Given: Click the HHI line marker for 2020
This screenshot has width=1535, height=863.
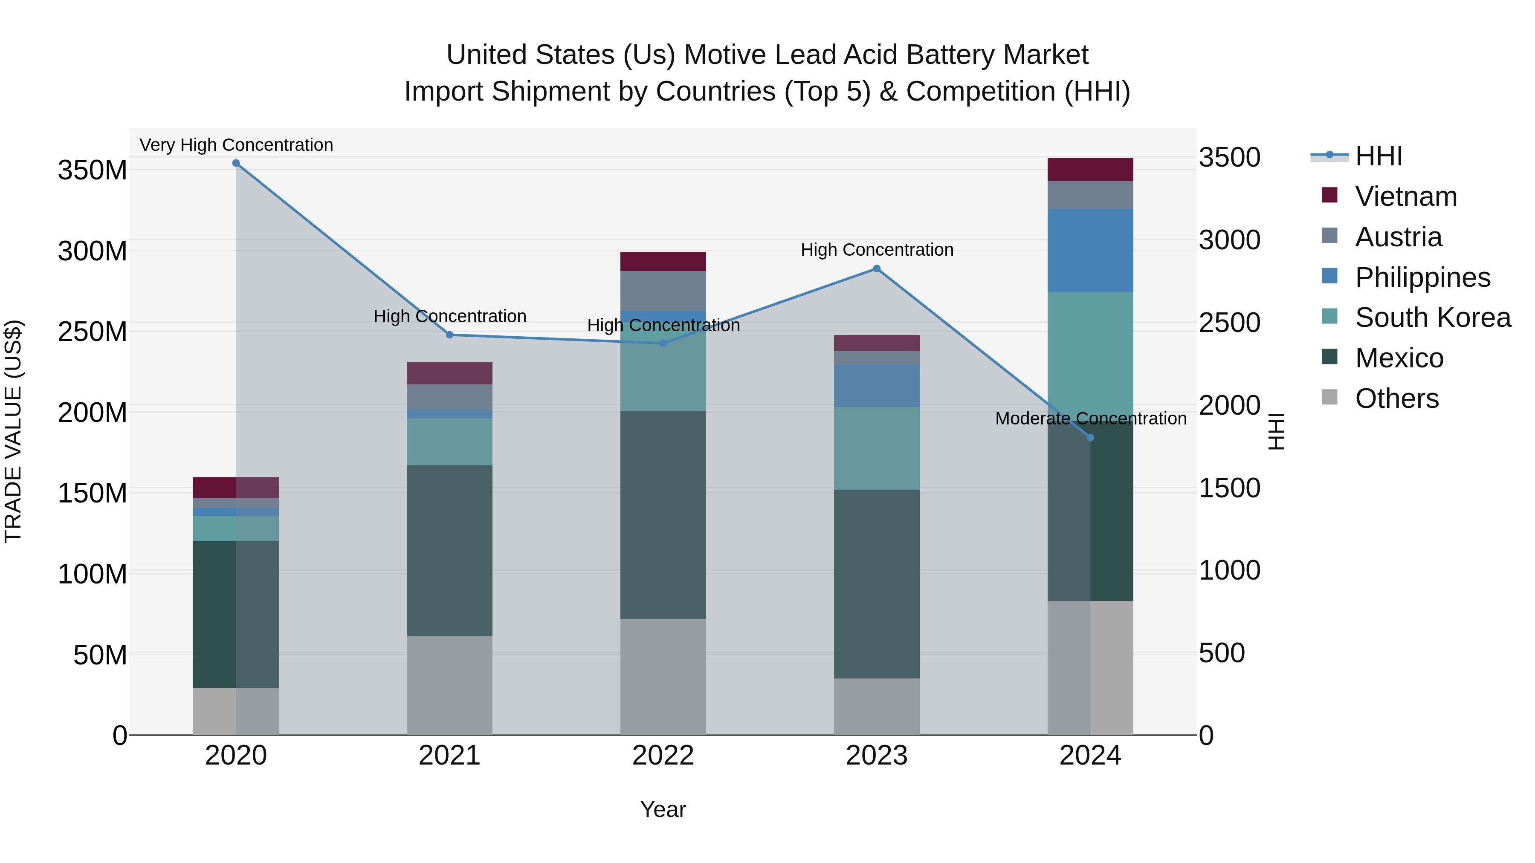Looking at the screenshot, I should click(x=236, y=163).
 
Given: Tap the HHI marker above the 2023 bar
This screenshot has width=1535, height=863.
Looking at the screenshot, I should click(x=877, y=268).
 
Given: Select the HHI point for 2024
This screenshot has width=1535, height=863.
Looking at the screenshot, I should click(x=1090, y=438).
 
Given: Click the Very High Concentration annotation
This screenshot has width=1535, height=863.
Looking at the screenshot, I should click(x=236, y=145).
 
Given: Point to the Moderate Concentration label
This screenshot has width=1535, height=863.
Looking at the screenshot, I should click(x=1090, y=419).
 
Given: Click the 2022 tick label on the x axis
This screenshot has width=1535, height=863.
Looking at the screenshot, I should click(x=663, y=756).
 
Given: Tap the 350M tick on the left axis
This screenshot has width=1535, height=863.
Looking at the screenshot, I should click(x=93, y=170).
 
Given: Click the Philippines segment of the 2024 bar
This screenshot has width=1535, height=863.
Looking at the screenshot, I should click(x=1090, y=250).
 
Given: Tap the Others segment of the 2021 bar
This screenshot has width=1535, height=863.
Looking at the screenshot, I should click(x=449, y=685).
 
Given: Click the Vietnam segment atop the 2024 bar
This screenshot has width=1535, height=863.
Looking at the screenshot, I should click(x=1090, y=170).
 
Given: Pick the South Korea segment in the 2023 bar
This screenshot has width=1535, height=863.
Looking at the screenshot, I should click(x=877, y=448).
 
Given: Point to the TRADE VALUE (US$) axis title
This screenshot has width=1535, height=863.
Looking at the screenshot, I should click(x=13, y=431).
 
